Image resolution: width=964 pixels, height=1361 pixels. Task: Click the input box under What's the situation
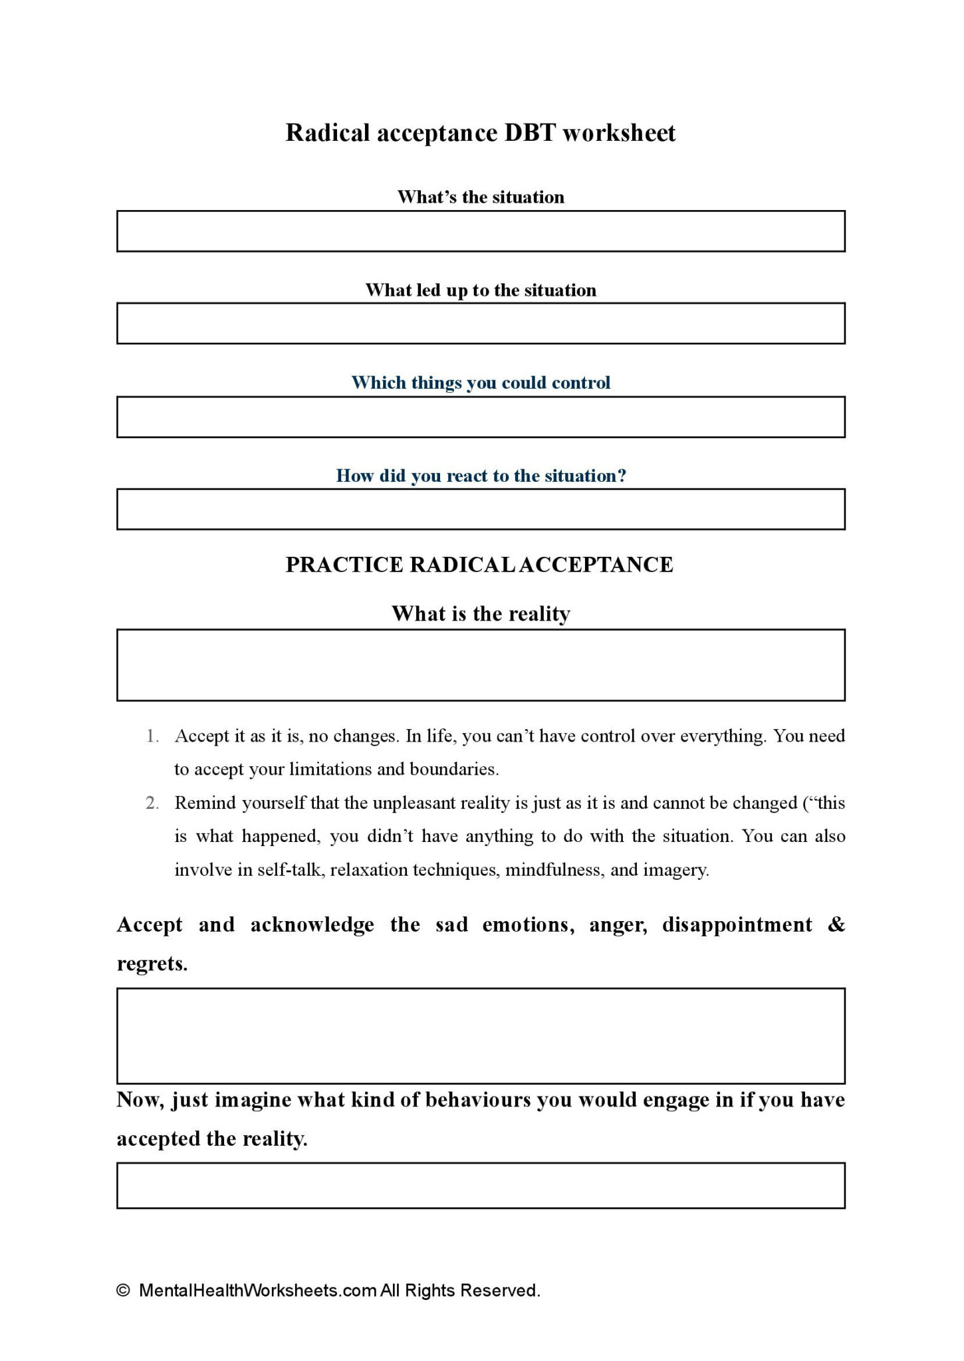coord(481,231)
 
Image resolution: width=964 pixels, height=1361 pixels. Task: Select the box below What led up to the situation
coord(481,324)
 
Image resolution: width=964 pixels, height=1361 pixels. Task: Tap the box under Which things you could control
coord(481,417)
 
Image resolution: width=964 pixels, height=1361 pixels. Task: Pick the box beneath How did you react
coord(481,509)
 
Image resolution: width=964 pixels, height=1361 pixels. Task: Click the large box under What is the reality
coord(481,665)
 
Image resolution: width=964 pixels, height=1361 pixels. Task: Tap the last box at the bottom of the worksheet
coord(481,1185)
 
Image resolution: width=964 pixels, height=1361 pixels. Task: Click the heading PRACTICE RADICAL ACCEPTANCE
coord(479,565)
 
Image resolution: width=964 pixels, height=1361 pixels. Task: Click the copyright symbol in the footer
coord(122,1291)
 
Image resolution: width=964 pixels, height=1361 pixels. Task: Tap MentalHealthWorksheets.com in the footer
coord(258,1291)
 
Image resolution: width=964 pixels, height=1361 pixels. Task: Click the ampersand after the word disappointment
coord(836,924)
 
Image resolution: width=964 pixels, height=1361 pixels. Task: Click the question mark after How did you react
coord(622,476)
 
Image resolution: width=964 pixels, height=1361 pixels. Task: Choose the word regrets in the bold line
coord(152,964)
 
